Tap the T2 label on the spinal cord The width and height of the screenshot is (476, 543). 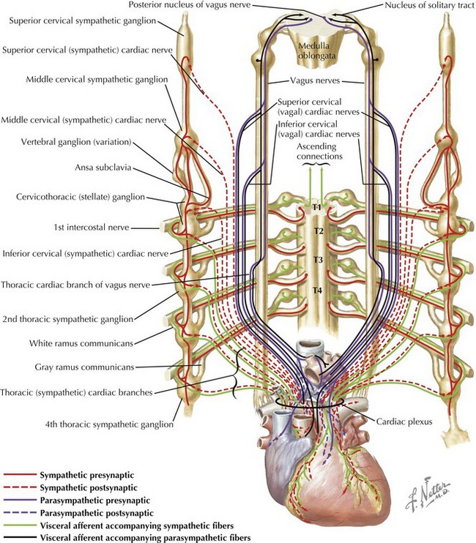(x=318, y=231)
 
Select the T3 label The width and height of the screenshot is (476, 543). (x=318, y=260)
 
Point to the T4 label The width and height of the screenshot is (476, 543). (x=318, y=291)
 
